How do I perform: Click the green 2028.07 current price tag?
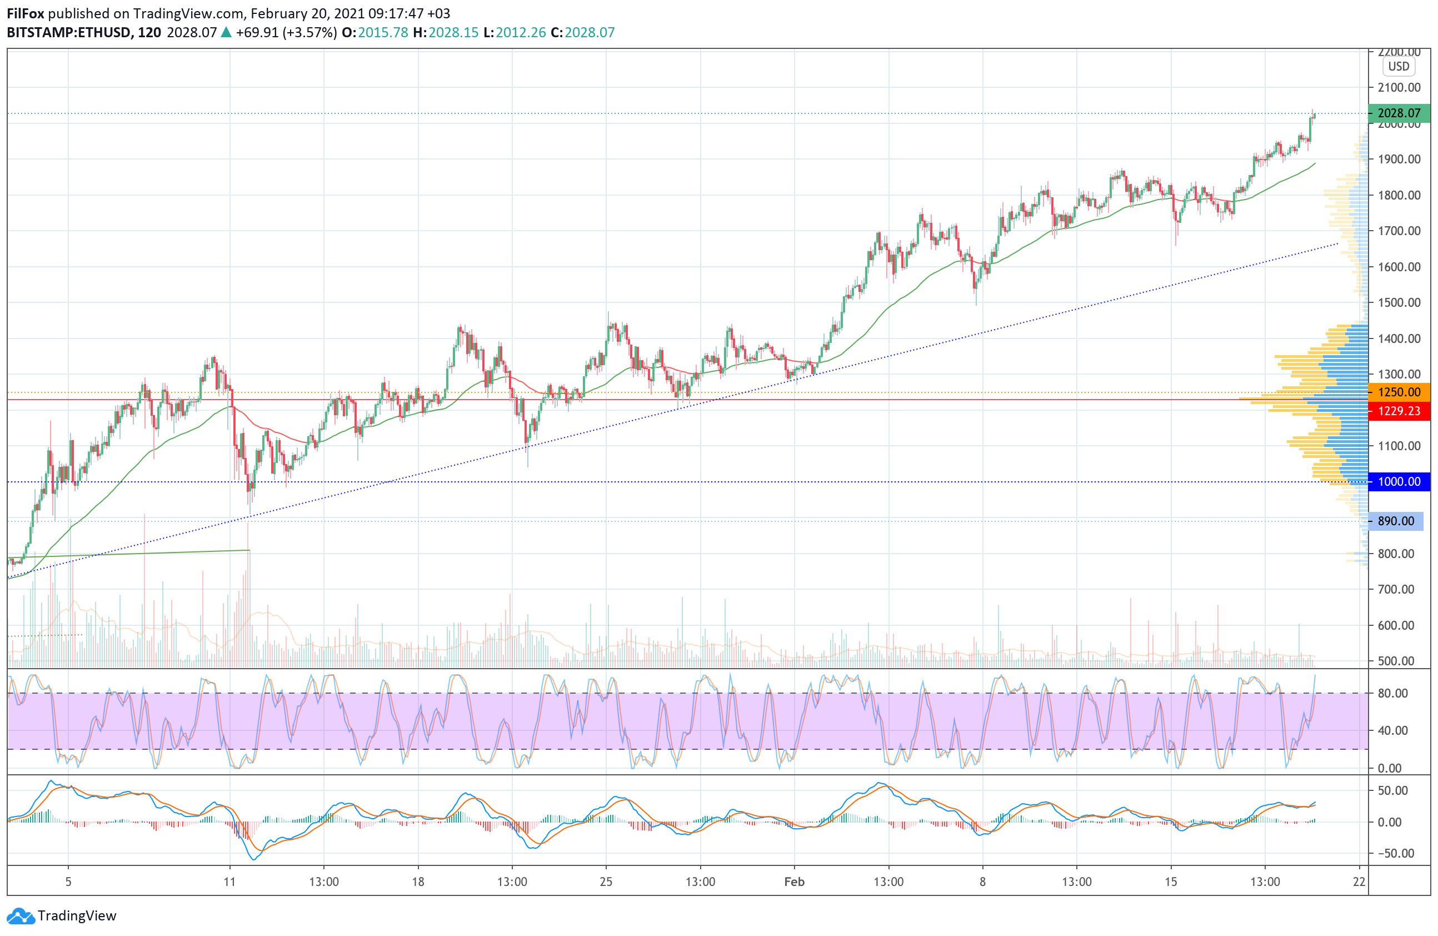pos(1398,113)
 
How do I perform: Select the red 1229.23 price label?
pos(1398,411)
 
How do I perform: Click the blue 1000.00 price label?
pos(1398,481)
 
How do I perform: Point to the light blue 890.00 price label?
pos(1395,521)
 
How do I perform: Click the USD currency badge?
pos(1398,67)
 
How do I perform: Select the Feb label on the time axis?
pos(794,882)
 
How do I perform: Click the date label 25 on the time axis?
pos(606,882)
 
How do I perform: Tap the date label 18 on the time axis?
pos(418,882)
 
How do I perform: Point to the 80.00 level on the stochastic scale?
pos(1392,693)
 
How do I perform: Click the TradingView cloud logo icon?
pos(21,916)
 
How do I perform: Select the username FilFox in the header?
pos(26,13)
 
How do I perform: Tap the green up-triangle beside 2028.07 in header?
pos(226,33)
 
